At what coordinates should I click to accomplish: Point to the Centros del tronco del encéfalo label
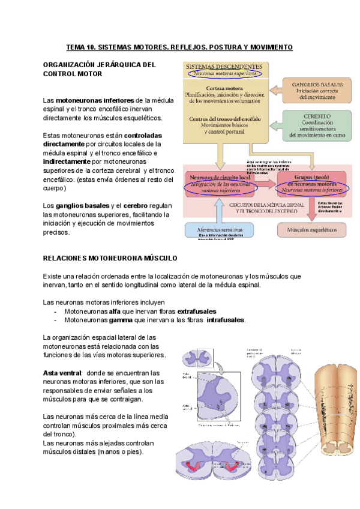point(224,119)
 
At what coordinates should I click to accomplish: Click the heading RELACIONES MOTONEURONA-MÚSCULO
point(110,258)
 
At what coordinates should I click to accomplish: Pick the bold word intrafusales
point(226,321)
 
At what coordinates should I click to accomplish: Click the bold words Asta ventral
point(62,373)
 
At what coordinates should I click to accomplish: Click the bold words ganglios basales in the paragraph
point(78,206)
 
